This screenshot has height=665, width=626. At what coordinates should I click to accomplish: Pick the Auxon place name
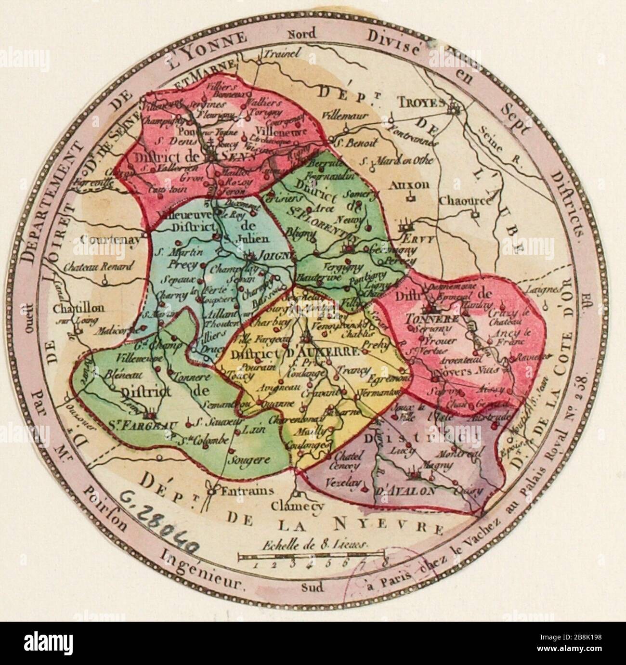tap(410, 184)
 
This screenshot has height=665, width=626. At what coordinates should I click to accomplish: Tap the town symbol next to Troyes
tap(454, 110)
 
